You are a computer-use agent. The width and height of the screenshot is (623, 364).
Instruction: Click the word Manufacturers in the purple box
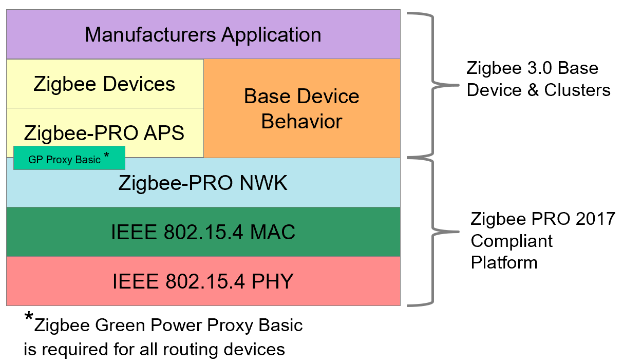coord(150,35)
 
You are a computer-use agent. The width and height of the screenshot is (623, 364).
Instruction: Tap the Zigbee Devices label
coord(104,84)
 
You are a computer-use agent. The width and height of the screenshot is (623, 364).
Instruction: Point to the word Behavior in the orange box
coord(301,122)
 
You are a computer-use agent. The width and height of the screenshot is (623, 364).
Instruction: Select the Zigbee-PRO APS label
coord(104,133)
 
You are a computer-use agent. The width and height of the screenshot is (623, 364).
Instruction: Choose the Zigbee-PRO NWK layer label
coord(203,183)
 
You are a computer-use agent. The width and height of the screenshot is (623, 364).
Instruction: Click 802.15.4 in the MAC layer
coord(197,233)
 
